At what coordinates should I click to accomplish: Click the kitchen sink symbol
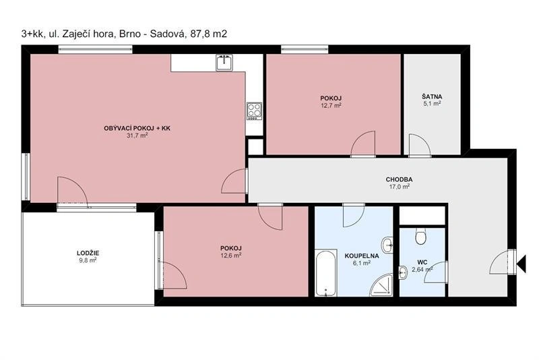[224, 63]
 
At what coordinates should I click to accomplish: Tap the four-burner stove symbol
[255, 111]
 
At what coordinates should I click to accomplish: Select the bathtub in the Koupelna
[326, 273]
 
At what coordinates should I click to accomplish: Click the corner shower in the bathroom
[381, 286]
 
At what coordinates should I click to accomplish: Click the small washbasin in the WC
[404, 273]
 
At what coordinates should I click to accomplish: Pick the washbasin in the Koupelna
[387, 245]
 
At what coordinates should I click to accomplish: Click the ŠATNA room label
[432, 96]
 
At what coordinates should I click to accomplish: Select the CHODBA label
[399, 179]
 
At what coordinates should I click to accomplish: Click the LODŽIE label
[88, 253]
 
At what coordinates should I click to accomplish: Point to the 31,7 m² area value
[137, 136]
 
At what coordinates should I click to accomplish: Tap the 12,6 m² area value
[230, 255]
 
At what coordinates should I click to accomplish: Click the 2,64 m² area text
[422, 270]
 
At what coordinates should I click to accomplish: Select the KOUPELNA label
[362, 256]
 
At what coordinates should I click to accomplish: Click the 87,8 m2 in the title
[209, 34]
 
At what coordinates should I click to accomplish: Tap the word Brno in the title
[129, 34]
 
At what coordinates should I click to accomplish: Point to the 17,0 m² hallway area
[399, 187]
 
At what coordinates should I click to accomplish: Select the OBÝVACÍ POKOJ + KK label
[137, 128]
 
